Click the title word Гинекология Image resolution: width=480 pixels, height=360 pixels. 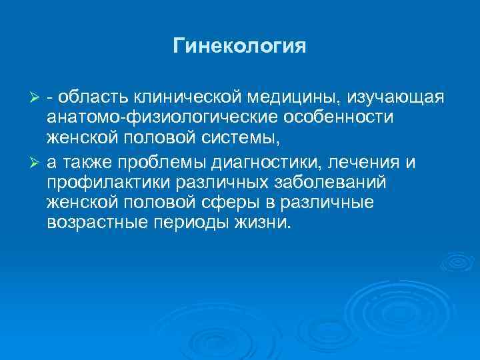(x=239, y=47)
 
